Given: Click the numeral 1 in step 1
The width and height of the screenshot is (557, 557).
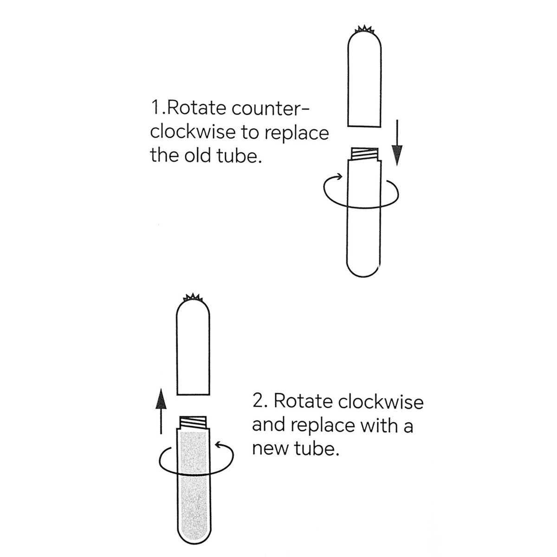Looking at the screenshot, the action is [x=155, y=109].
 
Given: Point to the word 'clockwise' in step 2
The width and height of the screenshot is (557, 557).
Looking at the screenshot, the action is [x=381, y=402].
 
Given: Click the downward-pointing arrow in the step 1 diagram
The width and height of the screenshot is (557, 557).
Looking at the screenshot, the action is [x=397, y=143].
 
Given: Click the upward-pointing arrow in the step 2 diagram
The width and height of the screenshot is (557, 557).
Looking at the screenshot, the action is [x=161, y=411].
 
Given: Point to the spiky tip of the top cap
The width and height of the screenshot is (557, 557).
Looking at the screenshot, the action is [x=364, y=29].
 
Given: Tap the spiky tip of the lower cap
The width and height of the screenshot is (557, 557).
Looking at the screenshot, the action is [x=193, y=297].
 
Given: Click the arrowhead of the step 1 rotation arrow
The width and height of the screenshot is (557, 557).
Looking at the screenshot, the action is [x=339, y=176].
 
